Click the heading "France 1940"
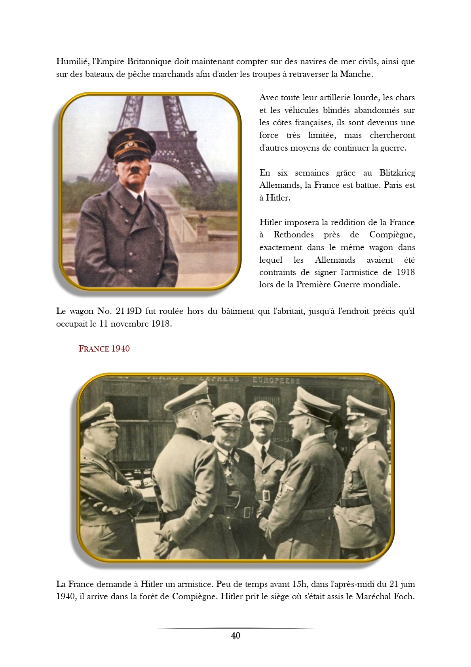click(x=104, y=349)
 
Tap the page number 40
click(x=235, y=635)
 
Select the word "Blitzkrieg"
click(x=397, y=173)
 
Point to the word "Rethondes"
click(x=293, y=235)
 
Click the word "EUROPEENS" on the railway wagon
click(x=276, y=380)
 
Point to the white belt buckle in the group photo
click(x=266, y=495)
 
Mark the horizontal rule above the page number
click(x=235, y=628)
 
